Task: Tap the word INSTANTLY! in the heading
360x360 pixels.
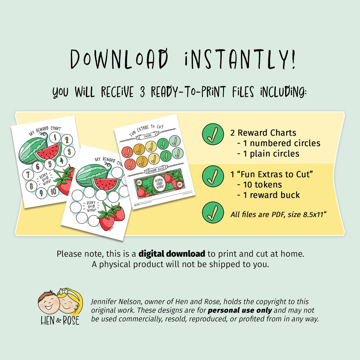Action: (x=240, y=59)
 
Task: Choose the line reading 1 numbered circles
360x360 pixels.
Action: (x=279, y=143)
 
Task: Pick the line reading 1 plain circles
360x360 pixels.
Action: (x=268, y=154)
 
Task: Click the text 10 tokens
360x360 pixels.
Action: (x=259, y=185)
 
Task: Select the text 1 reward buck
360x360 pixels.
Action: (x=268, y=195)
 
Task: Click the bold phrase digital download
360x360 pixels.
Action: (x=172, y=254)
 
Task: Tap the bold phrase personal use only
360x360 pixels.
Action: (x=240, y=310)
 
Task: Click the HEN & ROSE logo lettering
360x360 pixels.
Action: (x=60, y=321)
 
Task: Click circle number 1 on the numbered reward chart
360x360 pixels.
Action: (x=55, y=137)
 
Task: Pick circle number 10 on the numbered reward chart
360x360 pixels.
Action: (x=53, y=191)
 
